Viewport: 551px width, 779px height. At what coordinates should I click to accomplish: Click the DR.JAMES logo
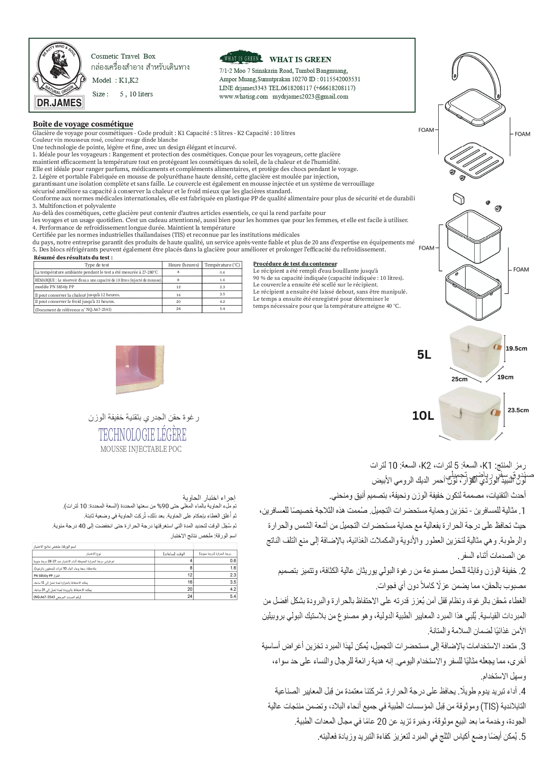point(59,76)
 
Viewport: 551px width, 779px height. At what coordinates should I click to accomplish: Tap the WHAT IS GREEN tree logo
point(241,58)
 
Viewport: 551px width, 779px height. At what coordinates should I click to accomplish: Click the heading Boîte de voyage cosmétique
point(83,124)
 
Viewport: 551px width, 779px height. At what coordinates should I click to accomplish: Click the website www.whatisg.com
point(243,96)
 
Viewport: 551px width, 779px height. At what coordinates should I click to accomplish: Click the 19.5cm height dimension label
point(516,348)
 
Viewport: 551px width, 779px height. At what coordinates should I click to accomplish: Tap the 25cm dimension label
point(459,379)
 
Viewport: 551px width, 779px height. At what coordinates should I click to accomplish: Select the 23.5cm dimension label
point(518,410)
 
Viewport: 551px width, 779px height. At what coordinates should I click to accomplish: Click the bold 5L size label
point(424,354)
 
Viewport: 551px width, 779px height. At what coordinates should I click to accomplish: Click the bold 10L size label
point(423,415)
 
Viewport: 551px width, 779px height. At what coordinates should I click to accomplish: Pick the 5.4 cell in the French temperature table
point(222,309)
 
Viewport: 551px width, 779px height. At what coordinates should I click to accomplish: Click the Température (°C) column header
point(222,265)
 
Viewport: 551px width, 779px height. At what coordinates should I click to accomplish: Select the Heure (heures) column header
point(183,265)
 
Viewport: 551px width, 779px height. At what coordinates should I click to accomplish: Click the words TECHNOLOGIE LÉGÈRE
point(142,434)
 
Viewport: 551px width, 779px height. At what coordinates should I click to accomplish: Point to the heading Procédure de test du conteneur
point(295,264)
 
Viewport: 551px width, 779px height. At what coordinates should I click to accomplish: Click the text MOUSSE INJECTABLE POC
point(141,449)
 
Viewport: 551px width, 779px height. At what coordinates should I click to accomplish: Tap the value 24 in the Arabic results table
point(190,596)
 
